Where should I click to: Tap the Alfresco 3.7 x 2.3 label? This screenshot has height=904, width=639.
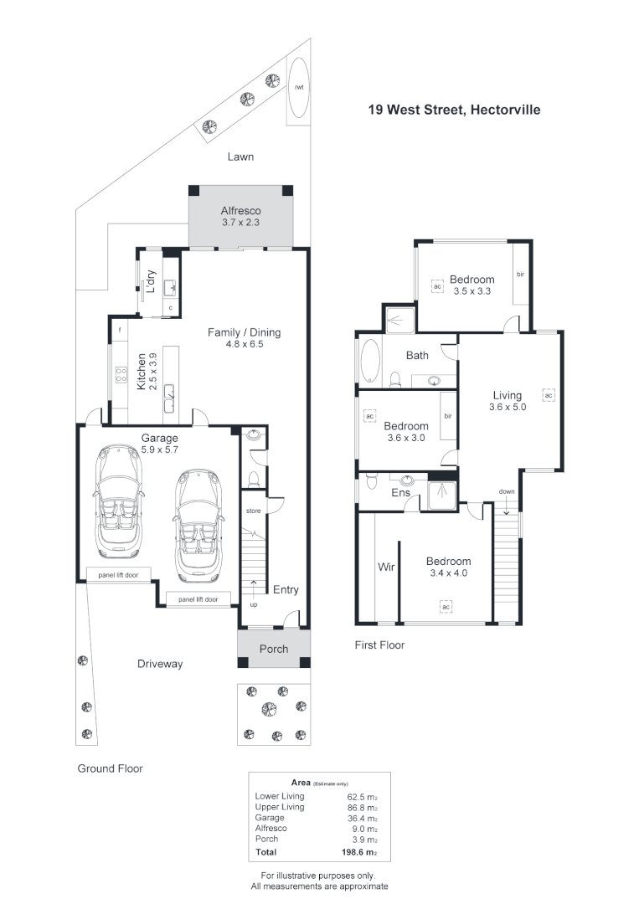[241, 217]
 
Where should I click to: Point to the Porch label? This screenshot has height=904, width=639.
[273, 649]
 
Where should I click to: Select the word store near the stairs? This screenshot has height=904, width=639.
[253, 510]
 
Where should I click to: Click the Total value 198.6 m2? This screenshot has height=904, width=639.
[361, 853]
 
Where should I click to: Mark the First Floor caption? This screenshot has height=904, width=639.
[380, 645]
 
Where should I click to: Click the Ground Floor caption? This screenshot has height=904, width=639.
[110, 768]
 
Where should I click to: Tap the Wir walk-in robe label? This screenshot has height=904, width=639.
[386, 567]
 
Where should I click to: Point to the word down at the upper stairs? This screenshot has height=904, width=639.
[506, 491]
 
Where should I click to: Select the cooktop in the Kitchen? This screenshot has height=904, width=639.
[121, 375]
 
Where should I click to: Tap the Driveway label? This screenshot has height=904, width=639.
[160, 664]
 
